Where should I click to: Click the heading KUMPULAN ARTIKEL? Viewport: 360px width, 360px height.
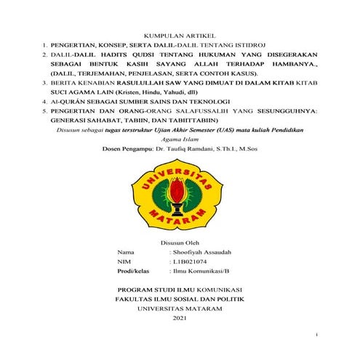tap(180, 34)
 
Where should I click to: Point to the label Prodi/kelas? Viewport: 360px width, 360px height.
tap(135, 271)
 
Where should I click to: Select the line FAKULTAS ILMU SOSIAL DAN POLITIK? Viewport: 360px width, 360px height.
tap(180, 299)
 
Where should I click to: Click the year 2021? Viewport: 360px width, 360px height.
tap(180, 318)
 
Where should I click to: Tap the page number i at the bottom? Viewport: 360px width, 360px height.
tap(317, 334)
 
